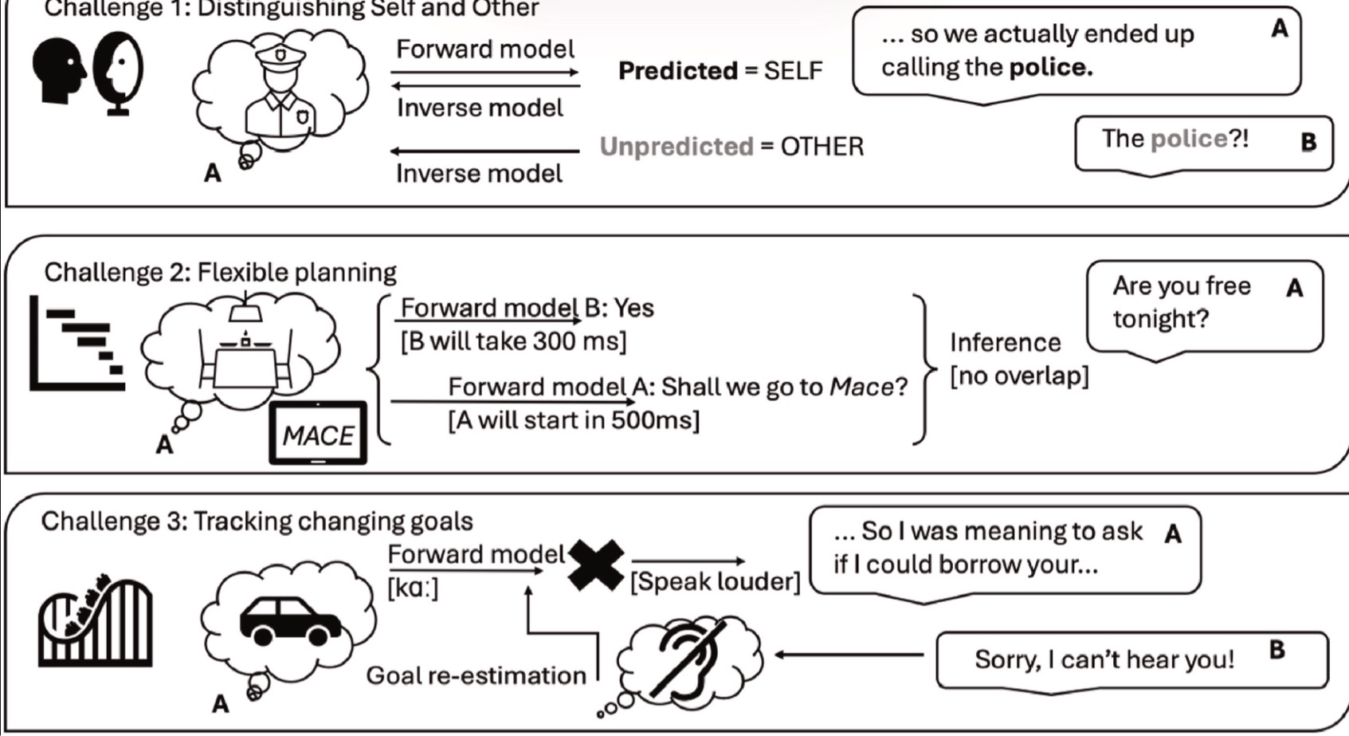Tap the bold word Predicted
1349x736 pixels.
(x=678, y=71)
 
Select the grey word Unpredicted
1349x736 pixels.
(x=676, y=147)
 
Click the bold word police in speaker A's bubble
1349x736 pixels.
(x=1049, y=68)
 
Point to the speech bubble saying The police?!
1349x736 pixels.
(x=1202, y=142)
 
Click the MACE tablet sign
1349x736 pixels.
(x=318, y=434)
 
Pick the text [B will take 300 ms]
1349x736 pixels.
(x=513, y=341)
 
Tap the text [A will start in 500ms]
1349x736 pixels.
(x=574, y=420)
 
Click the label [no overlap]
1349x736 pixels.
(x=1019, y=375)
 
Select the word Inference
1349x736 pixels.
(x=1005, y=343)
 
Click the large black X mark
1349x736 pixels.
(x=596, y=564)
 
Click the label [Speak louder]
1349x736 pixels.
(x=715, y=582)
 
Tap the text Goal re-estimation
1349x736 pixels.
(x=476, y=675)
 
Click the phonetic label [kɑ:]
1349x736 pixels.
(x=412, y=588)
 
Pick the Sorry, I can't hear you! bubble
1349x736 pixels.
(x=1131, y=659)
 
